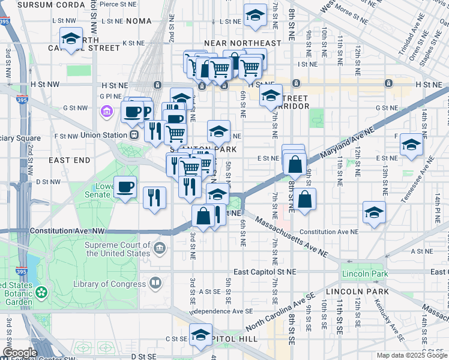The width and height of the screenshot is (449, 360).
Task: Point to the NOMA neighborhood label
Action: (x=139, y=21)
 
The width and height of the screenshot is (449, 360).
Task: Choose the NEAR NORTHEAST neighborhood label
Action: (x=243, y=43)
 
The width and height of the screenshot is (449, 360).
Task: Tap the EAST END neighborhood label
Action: (x=69, y=160)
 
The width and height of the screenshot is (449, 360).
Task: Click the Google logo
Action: (x=19, y=353)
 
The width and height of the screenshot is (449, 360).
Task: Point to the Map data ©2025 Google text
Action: (x=411, y=355)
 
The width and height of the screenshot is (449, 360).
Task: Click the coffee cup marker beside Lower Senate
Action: (x=125, y=188)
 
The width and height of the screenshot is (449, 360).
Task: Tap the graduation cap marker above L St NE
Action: (x=256, y=16)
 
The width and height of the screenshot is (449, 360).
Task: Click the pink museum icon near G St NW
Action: (x=107, y=111)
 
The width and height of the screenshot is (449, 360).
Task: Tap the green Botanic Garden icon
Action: (x=41, y=293)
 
